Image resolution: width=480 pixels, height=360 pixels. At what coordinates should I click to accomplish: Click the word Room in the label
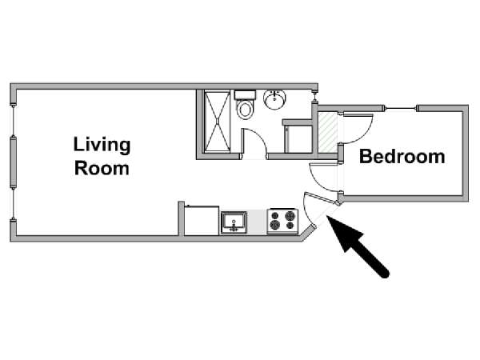(102, 168)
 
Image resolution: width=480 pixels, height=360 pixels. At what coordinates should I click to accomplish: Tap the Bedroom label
(402, 157)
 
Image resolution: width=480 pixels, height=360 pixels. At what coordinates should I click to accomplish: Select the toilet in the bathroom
(245, 105)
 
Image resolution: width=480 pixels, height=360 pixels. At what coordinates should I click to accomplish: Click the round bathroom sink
(274, 99)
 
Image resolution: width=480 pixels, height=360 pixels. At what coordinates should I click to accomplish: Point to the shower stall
(217, 122)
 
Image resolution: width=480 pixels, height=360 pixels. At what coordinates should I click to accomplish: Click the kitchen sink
(234, 222)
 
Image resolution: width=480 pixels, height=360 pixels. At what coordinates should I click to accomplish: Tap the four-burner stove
(282, 221)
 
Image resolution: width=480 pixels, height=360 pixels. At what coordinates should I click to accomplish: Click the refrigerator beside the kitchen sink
(202, 221)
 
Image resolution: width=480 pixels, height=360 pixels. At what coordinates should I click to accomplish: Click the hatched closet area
(328, 132)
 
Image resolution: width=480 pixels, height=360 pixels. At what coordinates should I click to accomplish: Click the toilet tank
(245, 94)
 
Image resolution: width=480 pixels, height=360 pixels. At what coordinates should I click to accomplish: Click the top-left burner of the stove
(275, 215)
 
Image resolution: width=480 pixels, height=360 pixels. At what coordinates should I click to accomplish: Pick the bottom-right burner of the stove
(290, 226)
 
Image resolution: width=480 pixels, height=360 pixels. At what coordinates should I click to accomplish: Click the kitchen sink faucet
(234, 227)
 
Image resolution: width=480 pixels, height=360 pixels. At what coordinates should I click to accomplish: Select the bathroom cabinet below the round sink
(298, 136)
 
